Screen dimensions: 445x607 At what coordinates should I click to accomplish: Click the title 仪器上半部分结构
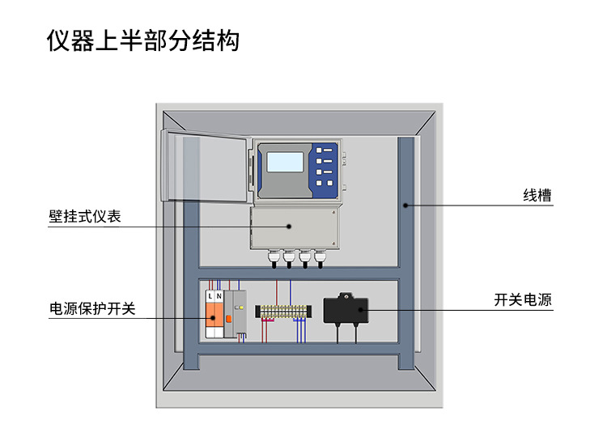pyautogui.click(x=143, y=40)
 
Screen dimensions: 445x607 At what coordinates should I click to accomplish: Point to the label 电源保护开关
pyautogui.click(x=92, y=308)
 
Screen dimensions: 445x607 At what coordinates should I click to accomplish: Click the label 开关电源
pyautogui.click(x=523, y=299)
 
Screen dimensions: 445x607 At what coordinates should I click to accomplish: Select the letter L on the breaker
pyautogui.click(x=210, y=297)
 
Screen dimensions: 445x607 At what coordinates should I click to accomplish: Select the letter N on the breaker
pyautogui.click(x=219, y=297)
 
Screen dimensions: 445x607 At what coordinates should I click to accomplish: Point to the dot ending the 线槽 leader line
pyautogui.click(x=406, y=206)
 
